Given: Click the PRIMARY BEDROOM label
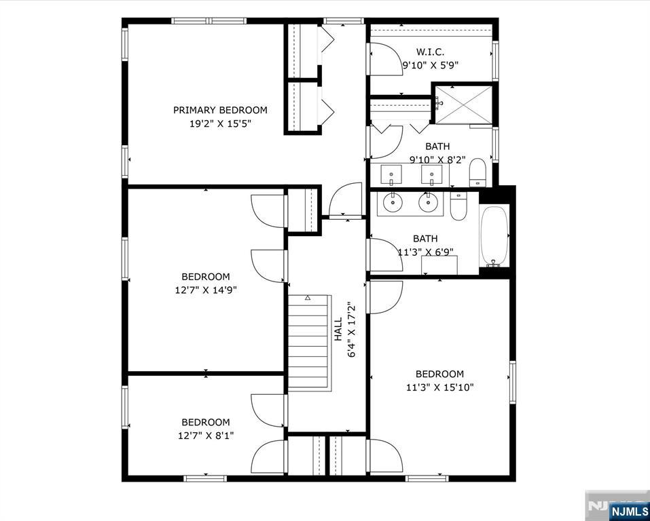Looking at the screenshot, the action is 220,110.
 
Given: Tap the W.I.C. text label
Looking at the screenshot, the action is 431,52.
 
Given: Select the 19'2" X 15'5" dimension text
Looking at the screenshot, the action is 221,123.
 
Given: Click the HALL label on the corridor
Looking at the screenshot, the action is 339,329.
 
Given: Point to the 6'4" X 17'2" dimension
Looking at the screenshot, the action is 352,329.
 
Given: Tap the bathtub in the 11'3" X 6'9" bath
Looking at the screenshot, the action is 494,236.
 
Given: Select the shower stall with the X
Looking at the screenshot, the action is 463,104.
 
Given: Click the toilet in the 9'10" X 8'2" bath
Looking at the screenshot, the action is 477,172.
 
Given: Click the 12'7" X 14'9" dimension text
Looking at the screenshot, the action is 206,290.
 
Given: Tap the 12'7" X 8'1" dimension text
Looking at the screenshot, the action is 206,436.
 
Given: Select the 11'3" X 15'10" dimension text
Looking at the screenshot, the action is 440,387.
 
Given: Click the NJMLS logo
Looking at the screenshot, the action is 629,510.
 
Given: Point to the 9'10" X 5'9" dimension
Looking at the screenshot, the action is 431,65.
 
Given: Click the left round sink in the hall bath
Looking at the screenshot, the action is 392,203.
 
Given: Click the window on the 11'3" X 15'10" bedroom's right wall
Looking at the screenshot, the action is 513,382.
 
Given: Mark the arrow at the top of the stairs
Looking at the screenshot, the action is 308,297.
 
